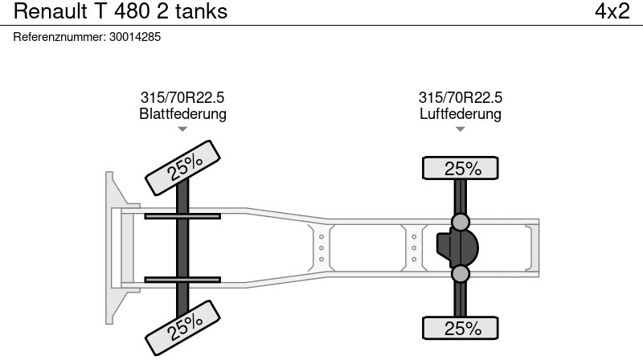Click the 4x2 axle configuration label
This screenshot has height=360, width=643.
[612, 11]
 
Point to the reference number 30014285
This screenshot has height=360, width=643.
[134, 37]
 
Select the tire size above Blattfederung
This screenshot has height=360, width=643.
[182, 97]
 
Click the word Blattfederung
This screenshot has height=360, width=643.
[182, 113]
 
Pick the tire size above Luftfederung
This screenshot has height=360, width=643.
[461, 97]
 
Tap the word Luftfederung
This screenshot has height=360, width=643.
[461, 113]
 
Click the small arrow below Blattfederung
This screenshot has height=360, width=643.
[182, 129]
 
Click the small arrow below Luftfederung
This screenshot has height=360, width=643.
[461, 129]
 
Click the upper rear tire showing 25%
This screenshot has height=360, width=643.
[461, 169]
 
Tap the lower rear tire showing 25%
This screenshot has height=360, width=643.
[461, 328]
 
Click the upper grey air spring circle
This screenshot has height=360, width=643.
[461, 221]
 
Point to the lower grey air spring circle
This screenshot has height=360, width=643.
[461, 274]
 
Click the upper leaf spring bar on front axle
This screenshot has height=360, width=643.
[182, 215]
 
